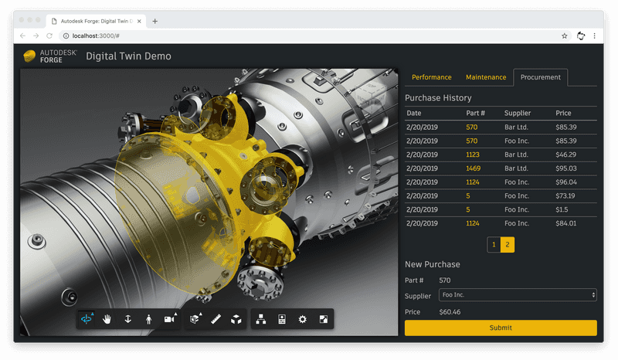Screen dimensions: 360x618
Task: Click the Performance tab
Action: [432, 77]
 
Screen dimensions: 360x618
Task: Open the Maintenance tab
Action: [486, 77]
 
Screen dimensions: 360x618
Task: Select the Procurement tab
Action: [541, 77]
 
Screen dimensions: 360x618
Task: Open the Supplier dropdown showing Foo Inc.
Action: [518, 295]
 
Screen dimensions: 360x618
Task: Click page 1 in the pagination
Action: [494, 245]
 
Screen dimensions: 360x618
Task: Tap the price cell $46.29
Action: [565, 155]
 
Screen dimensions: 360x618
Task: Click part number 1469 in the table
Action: [474, 168]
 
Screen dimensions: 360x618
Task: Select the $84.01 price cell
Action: [565, 224]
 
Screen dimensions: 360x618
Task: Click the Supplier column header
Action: [518, 114]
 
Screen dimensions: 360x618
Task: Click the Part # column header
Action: [474, 114]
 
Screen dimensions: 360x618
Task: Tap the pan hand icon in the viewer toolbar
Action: [107, 319]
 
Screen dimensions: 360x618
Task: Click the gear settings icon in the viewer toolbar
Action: [302, 319]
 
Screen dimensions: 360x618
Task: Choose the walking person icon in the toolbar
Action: [148, 319]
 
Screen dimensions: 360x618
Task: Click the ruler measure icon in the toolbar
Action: [216, 319]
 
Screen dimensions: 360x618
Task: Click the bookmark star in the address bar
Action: [565, 36]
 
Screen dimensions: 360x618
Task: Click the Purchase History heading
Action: [438, 98]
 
